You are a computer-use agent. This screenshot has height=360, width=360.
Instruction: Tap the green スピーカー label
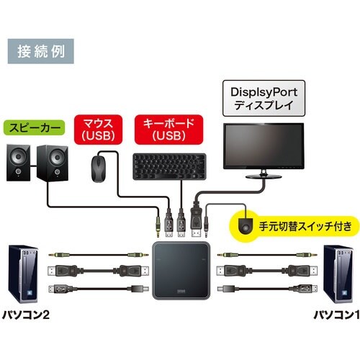(x=35, y=130)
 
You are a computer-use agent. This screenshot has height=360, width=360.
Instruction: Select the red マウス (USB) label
(x=101, y=129)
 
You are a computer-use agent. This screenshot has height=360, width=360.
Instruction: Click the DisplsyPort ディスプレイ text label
(x=264, y=99)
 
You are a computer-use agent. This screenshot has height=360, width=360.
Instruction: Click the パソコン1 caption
(x=333, y=315)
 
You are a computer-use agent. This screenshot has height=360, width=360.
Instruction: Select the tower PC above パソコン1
(x=339, y=276)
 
